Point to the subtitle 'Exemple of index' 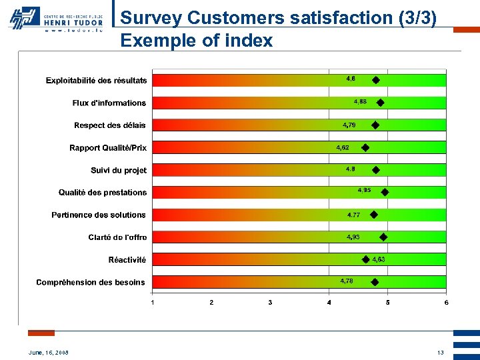[197, 41]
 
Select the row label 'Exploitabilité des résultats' [96, 81]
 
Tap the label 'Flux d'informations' [109, 103]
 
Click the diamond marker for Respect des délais [375, 125]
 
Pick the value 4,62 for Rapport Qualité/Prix [343, 147]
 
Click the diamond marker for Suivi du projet [375, 170]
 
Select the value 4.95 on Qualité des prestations [364, 190]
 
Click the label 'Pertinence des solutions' [99, 215]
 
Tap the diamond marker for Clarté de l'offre [383, 237]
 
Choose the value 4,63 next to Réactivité [378, 259]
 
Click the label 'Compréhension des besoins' [91, 282]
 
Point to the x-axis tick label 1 [153, 303]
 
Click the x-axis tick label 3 [270, 303]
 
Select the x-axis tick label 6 [446, 303]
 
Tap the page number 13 [440, 353]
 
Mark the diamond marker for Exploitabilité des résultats [376, 80]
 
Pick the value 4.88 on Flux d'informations [361, 101]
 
